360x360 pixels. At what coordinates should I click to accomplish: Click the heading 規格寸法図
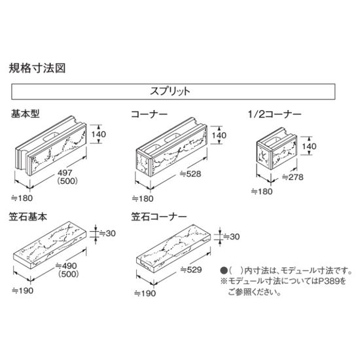pyautogui.click(x=37, y=68)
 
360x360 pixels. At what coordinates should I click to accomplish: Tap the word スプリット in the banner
pyautogui.click(x=170, y=91)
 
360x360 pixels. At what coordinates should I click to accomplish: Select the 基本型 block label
pyautogui.click(x=26, y=114)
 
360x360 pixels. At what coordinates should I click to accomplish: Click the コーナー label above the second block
pyautogui.click(x=149, y=114)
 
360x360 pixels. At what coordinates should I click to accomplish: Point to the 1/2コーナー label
pyautogui.click(x=274, y=114)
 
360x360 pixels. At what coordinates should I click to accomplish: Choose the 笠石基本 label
pyautogui.click(x=28, y=217)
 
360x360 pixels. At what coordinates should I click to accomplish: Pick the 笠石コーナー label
pyautogui.click(x=159, y=217)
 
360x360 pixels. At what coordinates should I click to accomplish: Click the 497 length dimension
pyautogui.click(x=65, y=173)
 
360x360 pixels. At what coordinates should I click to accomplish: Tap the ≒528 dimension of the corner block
pyautogui.click(x=190, y=174)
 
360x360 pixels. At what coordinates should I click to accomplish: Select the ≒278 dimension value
pyautogui.click(x=293, y=177)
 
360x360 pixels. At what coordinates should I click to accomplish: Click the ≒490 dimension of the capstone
pyautogui.click(x=66, y=266)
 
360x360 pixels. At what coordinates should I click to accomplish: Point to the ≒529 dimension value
pyautogui.click(x=191, y=270)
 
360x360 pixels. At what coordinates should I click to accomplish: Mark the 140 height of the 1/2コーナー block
pyautogui.click(x=309, y=146)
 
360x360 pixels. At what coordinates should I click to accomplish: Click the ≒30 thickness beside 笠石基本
pyautogui.click(x=107, y=234)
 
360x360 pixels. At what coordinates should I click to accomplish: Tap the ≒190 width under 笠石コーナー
pyautogui.click(x=145, y=293)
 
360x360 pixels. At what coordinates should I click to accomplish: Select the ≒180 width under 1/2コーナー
pyautogui.click(x=262, y=191)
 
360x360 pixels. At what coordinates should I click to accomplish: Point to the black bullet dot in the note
pyautogui.click(x=224, y=270)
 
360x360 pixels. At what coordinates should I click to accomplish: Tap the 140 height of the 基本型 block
pyautogui.click(x=99, y=134)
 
